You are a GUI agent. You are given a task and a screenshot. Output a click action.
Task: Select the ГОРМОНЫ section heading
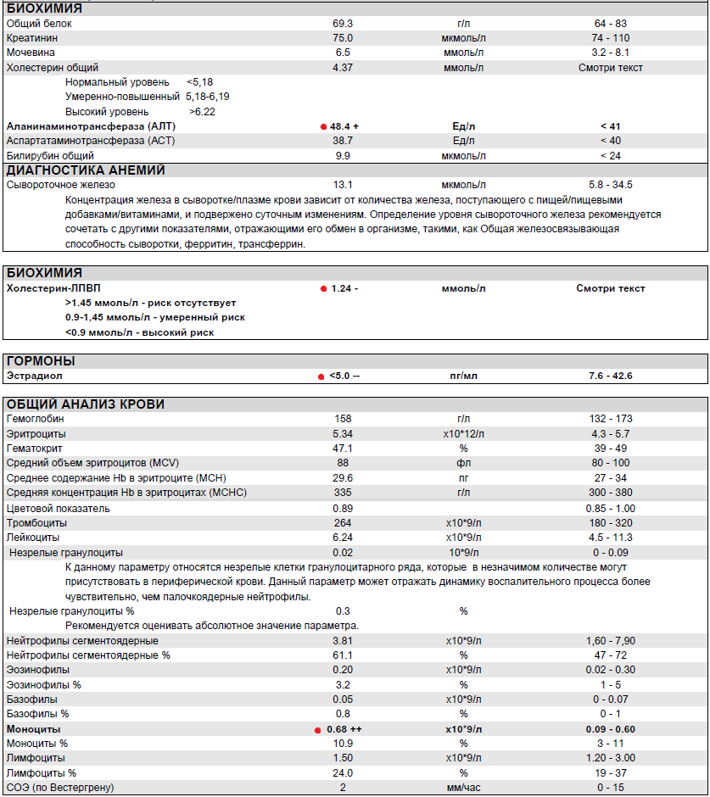pos(41,361)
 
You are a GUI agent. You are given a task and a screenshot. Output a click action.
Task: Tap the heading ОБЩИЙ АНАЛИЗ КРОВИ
pos(86,404)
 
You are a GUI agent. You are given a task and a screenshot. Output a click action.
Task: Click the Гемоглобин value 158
pos(344,419)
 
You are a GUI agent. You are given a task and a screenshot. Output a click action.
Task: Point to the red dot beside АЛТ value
pos(323,125)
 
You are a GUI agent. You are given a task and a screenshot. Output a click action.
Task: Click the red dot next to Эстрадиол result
pos(321,376)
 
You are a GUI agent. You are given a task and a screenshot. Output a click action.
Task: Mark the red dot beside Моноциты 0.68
pos(318,729)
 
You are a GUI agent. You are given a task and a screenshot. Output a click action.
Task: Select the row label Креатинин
pos(32,38)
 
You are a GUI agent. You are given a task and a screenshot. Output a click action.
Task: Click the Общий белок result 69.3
pos(344,24)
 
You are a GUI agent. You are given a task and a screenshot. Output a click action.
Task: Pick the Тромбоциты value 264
pos(344,522)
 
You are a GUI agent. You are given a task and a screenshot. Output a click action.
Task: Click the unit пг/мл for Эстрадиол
pos(463,376)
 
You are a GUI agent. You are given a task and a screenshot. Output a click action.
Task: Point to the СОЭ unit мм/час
pos(463,788)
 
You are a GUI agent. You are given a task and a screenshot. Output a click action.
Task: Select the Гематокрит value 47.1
pos(344,448)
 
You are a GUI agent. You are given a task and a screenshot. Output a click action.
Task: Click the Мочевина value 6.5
pos(344,53)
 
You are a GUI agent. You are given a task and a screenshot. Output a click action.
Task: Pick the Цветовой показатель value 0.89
pos(344,508)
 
